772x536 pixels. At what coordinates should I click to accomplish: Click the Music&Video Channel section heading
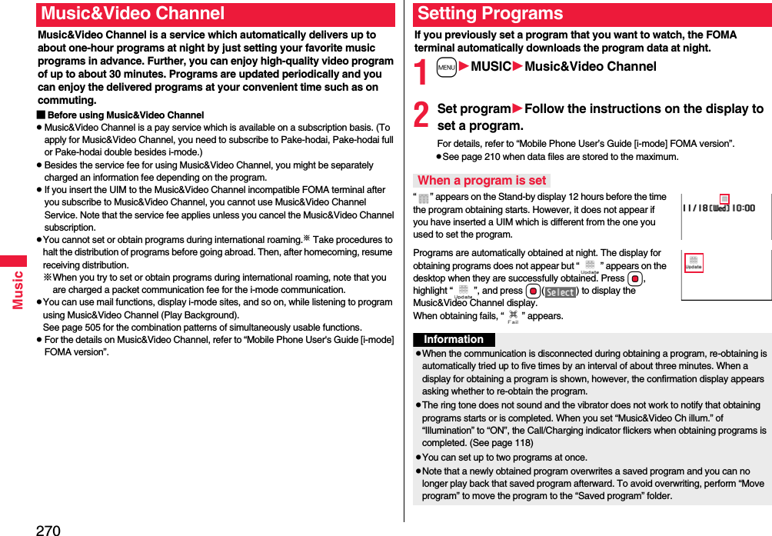tap(133, 14)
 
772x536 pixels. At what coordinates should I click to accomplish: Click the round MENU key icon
tap(447, 67)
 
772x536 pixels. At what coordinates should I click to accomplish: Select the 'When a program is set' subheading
tap(481, 181)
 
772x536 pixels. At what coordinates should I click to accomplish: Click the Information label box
tap(454, 340)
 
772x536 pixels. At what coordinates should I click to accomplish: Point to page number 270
tap(48, 529)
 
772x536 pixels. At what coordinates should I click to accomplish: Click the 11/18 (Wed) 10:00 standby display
tap(719, 208)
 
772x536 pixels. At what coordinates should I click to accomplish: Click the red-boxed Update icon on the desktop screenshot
tap(694, 264)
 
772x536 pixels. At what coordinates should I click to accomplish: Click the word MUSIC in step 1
tap(491, 67)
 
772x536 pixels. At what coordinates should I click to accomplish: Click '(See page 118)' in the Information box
tap(501, 443)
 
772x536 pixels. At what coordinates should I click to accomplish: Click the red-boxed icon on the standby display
tap(724, 200)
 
